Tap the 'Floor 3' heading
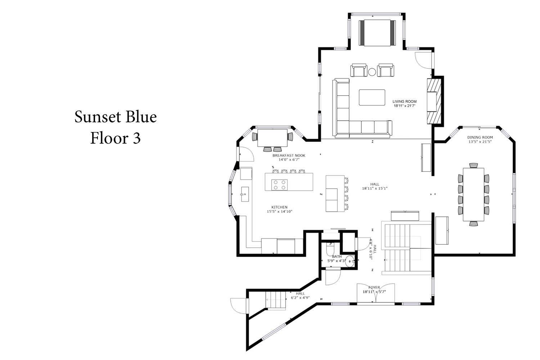tap(115, 138)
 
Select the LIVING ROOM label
tap(404, 102)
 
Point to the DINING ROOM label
tap(480, 138)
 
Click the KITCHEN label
tap(279, 207)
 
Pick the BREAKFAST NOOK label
tap(289, 156)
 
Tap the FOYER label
tap(374, 287)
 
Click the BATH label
tap(337, 257)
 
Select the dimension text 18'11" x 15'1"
tap(375, 188)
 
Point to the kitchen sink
tap(245, 194)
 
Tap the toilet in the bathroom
tap(329, 249)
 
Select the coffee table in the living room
tap(372, 98)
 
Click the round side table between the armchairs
tap(372, 72)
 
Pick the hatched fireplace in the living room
tap(434, 101)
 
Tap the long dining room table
tap(473, 194)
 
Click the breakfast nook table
tap(273, 138)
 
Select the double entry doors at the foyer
tap(375, 293)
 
